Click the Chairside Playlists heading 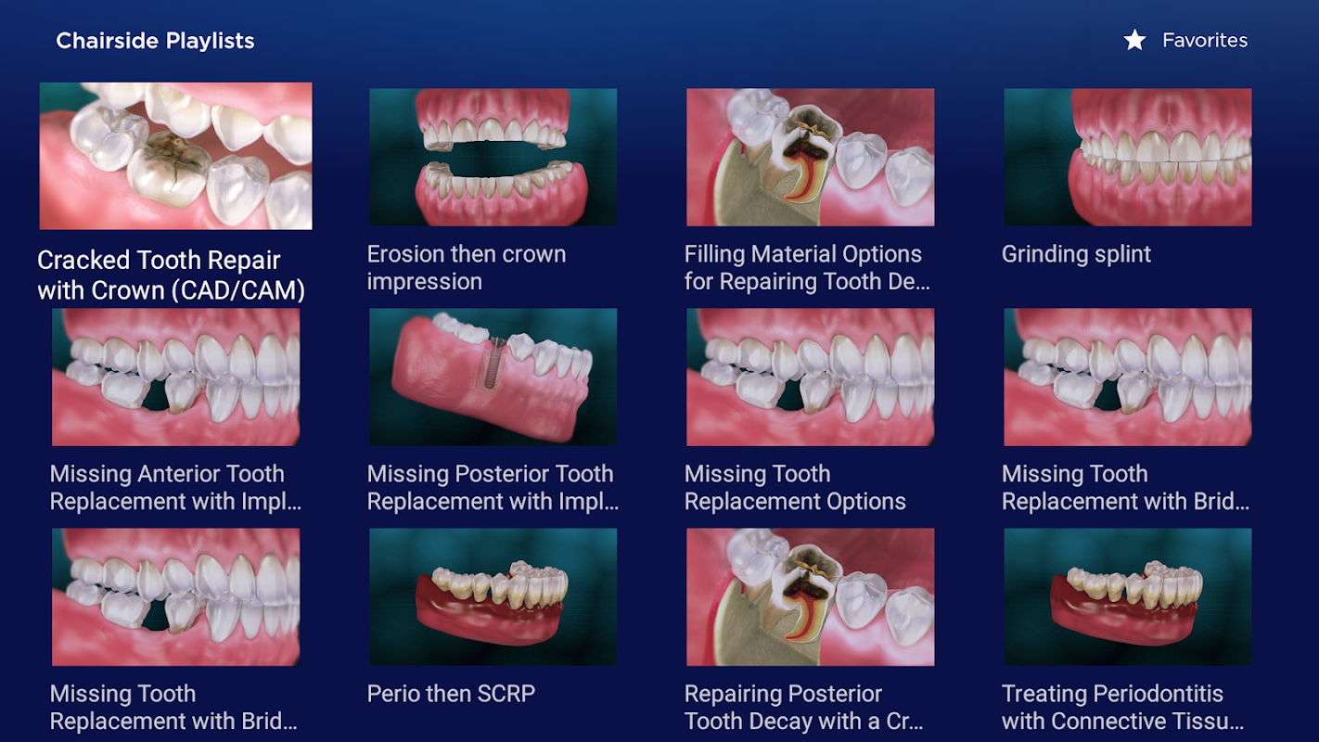pyautogui.click(x=155, y=41)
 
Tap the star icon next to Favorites pyautogui.click(x=1134, y=40)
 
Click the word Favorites pyautogui.click(x=1205, y=40)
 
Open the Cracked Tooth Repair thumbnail pyautogui.click(x=175, y=156)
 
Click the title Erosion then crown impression pyautogui.click(x=467, y=268)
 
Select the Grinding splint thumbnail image pyautogui.click(x=1128, y=158)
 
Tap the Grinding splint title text pyautogui.click(x=1076, y=254)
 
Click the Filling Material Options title pyautogui.click(x=807, y=268)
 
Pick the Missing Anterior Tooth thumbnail pyautogui.click(x=175, y=377)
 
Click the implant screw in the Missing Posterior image pyautogui.click(x=489, y=365)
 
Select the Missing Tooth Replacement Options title pyautogui.click(x=795, y=488)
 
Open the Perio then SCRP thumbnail pyautogui.click(x=493, y=596)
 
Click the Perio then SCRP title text pyautogui.click(x=451, y=694)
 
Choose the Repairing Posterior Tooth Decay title pyautogui.click(x=804, y=708)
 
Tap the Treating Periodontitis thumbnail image pyautogui.click(x=1128, y=596)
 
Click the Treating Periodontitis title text pyautogui.click(x=1123, y=708)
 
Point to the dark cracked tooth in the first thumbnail pyautogui.click(x=169, y=168)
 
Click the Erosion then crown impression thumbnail pyautogui.click(x=493, y=158)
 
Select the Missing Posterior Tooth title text pyautogui.click(x=493, y=488)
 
